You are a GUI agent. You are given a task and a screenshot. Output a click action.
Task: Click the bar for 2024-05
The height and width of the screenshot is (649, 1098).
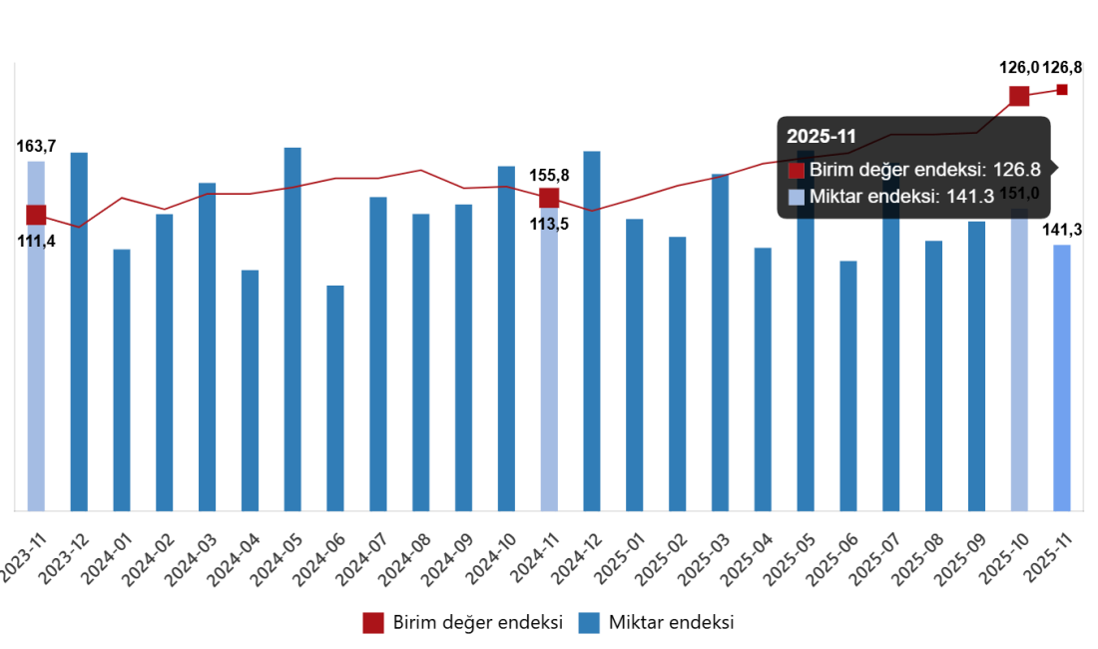pyautogui.click(x=292, y=329)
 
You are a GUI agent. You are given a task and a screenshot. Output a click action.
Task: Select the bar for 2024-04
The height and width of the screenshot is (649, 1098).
pyautogui.click(x=250, y=390)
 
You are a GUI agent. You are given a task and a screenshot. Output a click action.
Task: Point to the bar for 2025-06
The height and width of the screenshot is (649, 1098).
pyautogui.click(x=847, y=385)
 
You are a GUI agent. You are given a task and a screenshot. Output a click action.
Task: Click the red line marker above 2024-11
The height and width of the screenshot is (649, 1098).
pyautogui.click(x=549, y=197)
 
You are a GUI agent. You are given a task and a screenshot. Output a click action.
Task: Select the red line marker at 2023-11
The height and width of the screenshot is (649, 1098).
pyautogui.click(x=36, y=214)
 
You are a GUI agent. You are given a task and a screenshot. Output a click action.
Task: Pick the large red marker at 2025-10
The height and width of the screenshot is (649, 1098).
pyautogui.click(x=1019, y=96)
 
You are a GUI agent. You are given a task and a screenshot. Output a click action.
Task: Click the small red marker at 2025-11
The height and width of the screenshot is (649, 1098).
pyautogui.click(x=1062, y=90)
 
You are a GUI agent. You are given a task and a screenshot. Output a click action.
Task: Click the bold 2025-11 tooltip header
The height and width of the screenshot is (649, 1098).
pyautogui.click(x=822, y=137)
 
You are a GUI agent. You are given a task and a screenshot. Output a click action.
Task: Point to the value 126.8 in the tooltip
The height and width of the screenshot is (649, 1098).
pyautogui.click(x=1017, y=170)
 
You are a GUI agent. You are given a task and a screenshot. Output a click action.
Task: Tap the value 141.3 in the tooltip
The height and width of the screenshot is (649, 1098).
pyautogui.click(x=970, y=197)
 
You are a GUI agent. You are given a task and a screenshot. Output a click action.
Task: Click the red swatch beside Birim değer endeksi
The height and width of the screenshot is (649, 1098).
pyautogui.click(x=796, y=171)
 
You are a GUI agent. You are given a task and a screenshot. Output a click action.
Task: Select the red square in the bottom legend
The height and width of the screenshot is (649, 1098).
pyautogui.click(x=373, y=623)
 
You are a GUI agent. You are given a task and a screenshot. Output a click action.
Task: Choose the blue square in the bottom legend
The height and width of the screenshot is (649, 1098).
pyautogui.click(x=589, y=623)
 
